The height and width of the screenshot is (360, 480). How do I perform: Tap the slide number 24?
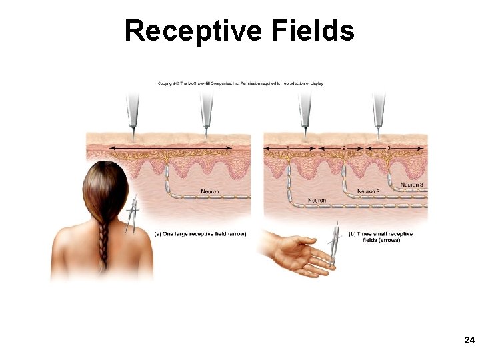(x=469, y=341)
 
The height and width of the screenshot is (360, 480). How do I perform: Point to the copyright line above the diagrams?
(x=240, y=83)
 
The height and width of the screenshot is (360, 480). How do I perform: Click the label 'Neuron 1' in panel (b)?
(x=318, y=200)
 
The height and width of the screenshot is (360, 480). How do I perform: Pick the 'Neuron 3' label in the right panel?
(x=412, y=184)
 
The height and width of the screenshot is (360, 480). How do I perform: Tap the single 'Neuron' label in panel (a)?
(x=210, y=192)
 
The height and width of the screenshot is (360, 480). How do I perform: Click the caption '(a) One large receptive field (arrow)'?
(x=200, y=234)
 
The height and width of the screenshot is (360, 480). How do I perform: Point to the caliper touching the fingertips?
(x=337, y=247)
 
